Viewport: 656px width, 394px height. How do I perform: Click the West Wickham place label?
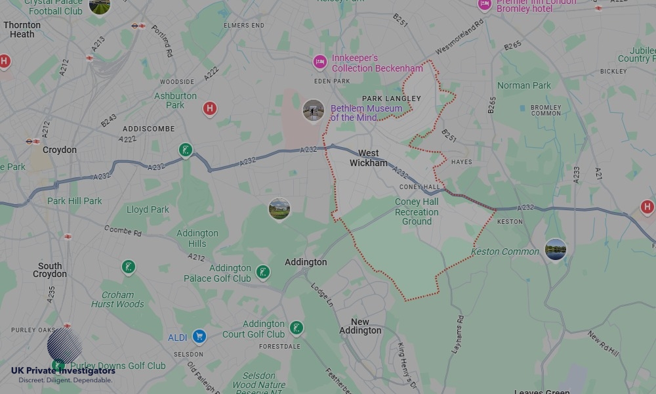(369, 158)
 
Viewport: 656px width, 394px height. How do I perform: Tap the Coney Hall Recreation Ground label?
(417, 211)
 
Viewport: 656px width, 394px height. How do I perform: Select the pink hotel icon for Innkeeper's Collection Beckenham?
(319, 62)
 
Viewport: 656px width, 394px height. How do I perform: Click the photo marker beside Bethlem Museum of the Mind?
(314, 110)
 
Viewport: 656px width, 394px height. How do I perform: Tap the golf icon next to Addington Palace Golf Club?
(263, 272)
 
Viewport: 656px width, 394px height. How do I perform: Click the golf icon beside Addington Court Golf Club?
(297, 328)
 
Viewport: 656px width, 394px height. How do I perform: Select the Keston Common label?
(504, 252)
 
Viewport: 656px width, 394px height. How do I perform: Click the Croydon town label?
(60, 150)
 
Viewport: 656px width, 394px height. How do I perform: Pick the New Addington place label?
(360, 326)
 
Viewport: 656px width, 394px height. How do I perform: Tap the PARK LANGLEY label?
(396, 98)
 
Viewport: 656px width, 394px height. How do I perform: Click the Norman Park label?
(524, 85)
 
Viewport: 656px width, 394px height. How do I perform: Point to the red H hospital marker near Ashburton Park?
(209, 108)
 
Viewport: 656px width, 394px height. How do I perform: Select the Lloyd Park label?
(148, 209)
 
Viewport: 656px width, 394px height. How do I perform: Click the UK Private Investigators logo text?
(63, 372)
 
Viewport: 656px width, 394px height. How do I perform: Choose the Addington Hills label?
(197, 238)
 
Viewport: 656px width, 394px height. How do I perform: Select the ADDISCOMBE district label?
(149, 129)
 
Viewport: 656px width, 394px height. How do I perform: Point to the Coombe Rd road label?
(123, 230)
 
